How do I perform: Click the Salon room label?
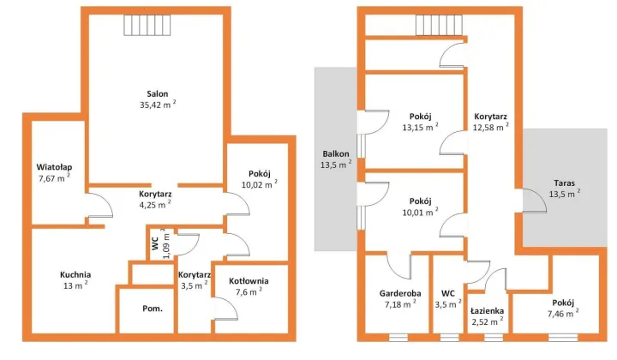click(x=158, y=93)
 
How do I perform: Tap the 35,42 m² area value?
click(x=158, y=105)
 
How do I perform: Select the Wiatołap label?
click(x=54, y=167)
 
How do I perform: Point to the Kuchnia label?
click(x=75, y=274)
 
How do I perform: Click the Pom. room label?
click(x=153, y=309)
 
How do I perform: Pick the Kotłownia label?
click(x=249, y=281)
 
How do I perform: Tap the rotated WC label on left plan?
click(x=155, y=243)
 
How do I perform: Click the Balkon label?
click(x=336, y=153)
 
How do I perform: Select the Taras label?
click(x=564, y=183)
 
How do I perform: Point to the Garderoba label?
click(x=400, y=293)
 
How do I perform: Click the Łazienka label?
click(x=487, y=311)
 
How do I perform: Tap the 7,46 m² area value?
click(x=563, y=314)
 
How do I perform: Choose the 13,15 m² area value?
click(x=420, y=127)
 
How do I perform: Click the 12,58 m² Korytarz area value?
click(x=491, y=127)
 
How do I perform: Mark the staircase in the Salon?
click(x=147, y=25)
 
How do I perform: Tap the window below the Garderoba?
click(x=398, y=338)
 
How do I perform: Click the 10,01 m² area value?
click(x=420, y=212)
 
